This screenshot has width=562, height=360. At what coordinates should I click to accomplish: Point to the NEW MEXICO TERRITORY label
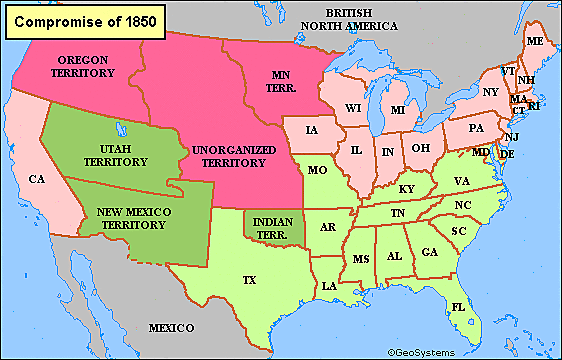pyautogui.click(x=144, y=218)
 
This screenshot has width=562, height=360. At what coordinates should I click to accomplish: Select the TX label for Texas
pyautogui.click(x=249, y=280)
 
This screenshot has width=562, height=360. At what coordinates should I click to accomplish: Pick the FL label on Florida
pyautogui.click(x=458, y=306)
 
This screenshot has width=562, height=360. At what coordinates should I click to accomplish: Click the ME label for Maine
pyautogui.click(x=534, y=41)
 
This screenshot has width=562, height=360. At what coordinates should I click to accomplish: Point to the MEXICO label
pyautogui.click(x=171, y=328)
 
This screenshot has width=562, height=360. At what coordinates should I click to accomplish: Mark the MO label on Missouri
pyautogui.click(x=318, y=170)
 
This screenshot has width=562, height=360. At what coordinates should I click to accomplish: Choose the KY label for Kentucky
pyautogui.click(x=406, y=188)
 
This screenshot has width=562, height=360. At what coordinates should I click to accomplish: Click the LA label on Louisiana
pyautogui.click(x=327, y=286)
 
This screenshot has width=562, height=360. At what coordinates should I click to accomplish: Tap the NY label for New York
pyautogui.click(x=490, y=92)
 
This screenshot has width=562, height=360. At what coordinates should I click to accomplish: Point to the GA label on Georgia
pyautogui.click(x=430, y=252)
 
